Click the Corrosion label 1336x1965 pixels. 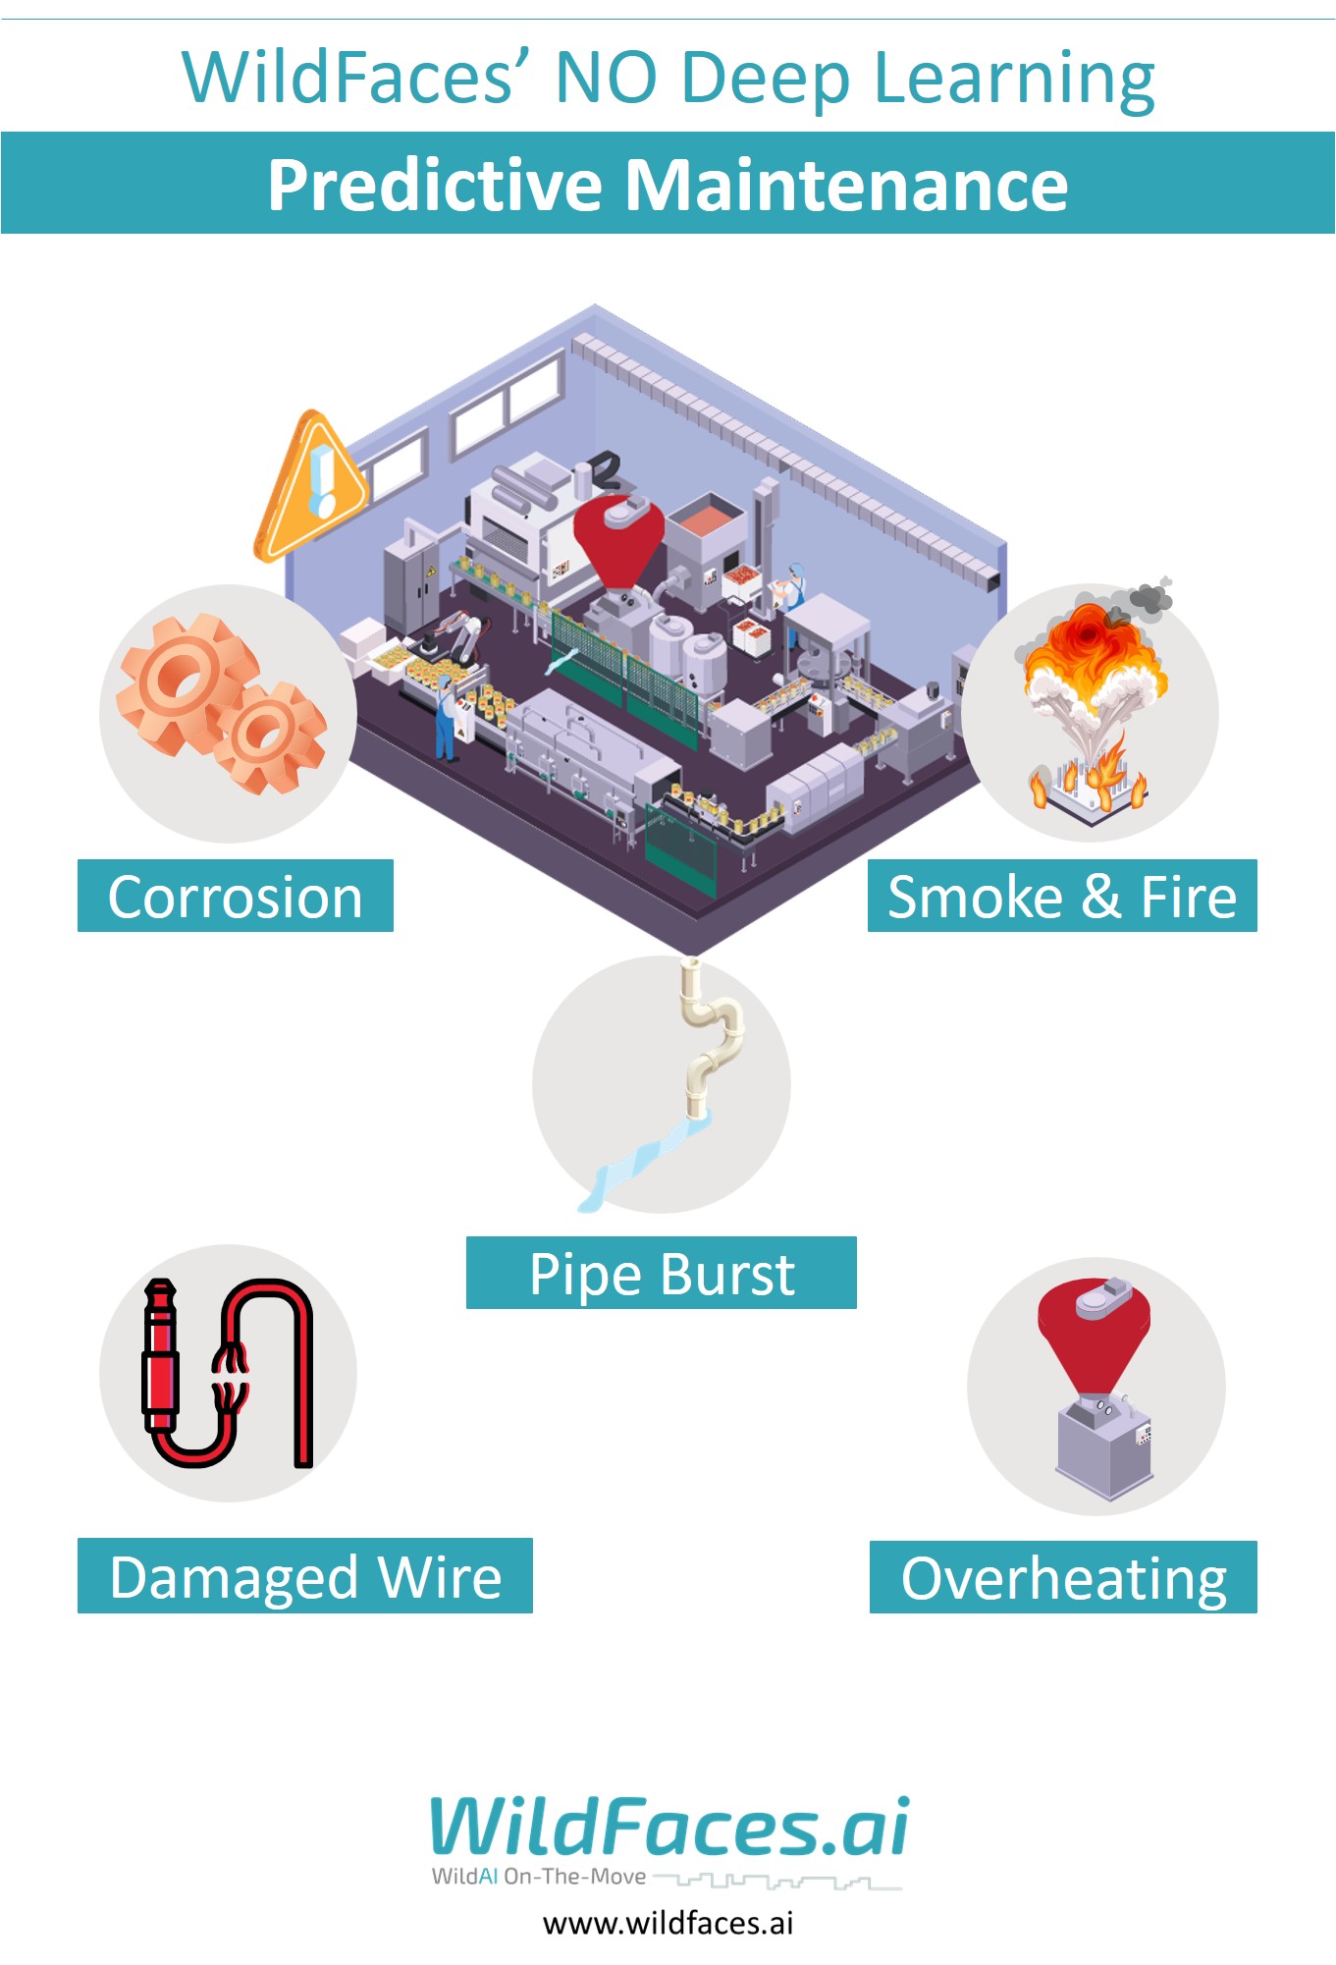pyautogui.click(x=235, y=897)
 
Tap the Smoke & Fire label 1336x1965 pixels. pyautogui.click(x=1061, y=897)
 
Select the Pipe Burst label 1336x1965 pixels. pyautogui.click(x=661, y=1274)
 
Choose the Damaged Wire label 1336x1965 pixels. pyautogui.click(x=304, y=1576)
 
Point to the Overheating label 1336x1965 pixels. pyautogui.click(x=1063, y=1578)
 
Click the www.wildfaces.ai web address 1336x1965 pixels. pyautogui.click(x=668, y=1923)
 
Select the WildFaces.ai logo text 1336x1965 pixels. pyautogui.click(x=669, y=1828)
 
